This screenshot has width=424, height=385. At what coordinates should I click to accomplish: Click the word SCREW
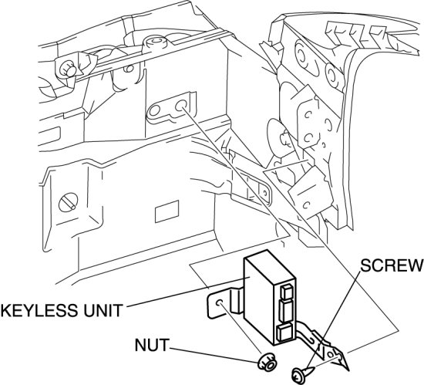(392, 265)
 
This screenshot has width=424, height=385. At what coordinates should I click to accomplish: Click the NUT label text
(151, 345)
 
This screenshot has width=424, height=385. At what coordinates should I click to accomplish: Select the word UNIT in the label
(103, 310)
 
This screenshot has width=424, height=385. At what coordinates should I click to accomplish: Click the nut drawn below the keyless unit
(267, 363)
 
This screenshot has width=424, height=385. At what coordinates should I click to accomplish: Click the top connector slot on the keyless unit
(285, 291)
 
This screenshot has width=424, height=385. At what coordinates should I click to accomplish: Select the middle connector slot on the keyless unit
(284, 311)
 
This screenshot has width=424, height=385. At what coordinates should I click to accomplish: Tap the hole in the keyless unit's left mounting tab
(220, 302)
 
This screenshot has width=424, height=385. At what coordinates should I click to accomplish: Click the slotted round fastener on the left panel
(68, 202)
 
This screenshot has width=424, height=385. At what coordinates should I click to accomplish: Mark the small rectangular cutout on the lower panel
(167, 211)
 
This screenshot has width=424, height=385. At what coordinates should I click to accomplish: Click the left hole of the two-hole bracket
(155, 110)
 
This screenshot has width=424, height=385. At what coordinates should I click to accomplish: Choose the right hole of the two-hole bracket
(181, 105)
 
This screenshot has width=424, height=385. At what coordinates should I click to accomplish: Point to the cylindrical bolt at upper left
(67, 69)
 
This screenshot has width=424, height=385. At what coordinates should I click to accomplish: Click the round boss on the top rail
(155, 42)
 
